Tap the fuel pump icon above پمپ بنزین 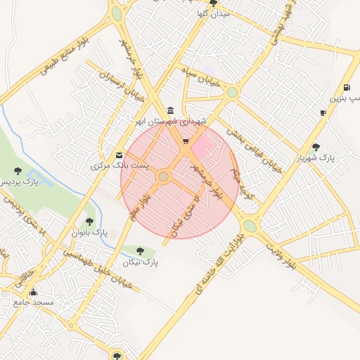[x=347, y=87]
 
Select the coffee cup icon [x=323, y=112]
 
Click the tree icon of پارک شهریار [x=316, y=146]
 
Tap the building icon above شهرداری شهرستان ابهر [x=172, y=110]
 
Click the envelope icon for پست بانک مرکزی [x=119, y=155]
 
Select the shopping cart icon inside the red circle [x=185, y=141]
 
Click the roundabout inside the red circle [x=164, y=176]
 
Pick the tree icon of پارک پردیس [x=18, y=170]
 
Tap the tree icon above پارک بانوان [x=89, y=221]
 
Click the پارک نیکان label [x=141, y=262]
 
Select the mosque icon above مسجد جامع [x=33, y=292]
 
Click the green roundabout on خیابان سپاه [x=232, y=92]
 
